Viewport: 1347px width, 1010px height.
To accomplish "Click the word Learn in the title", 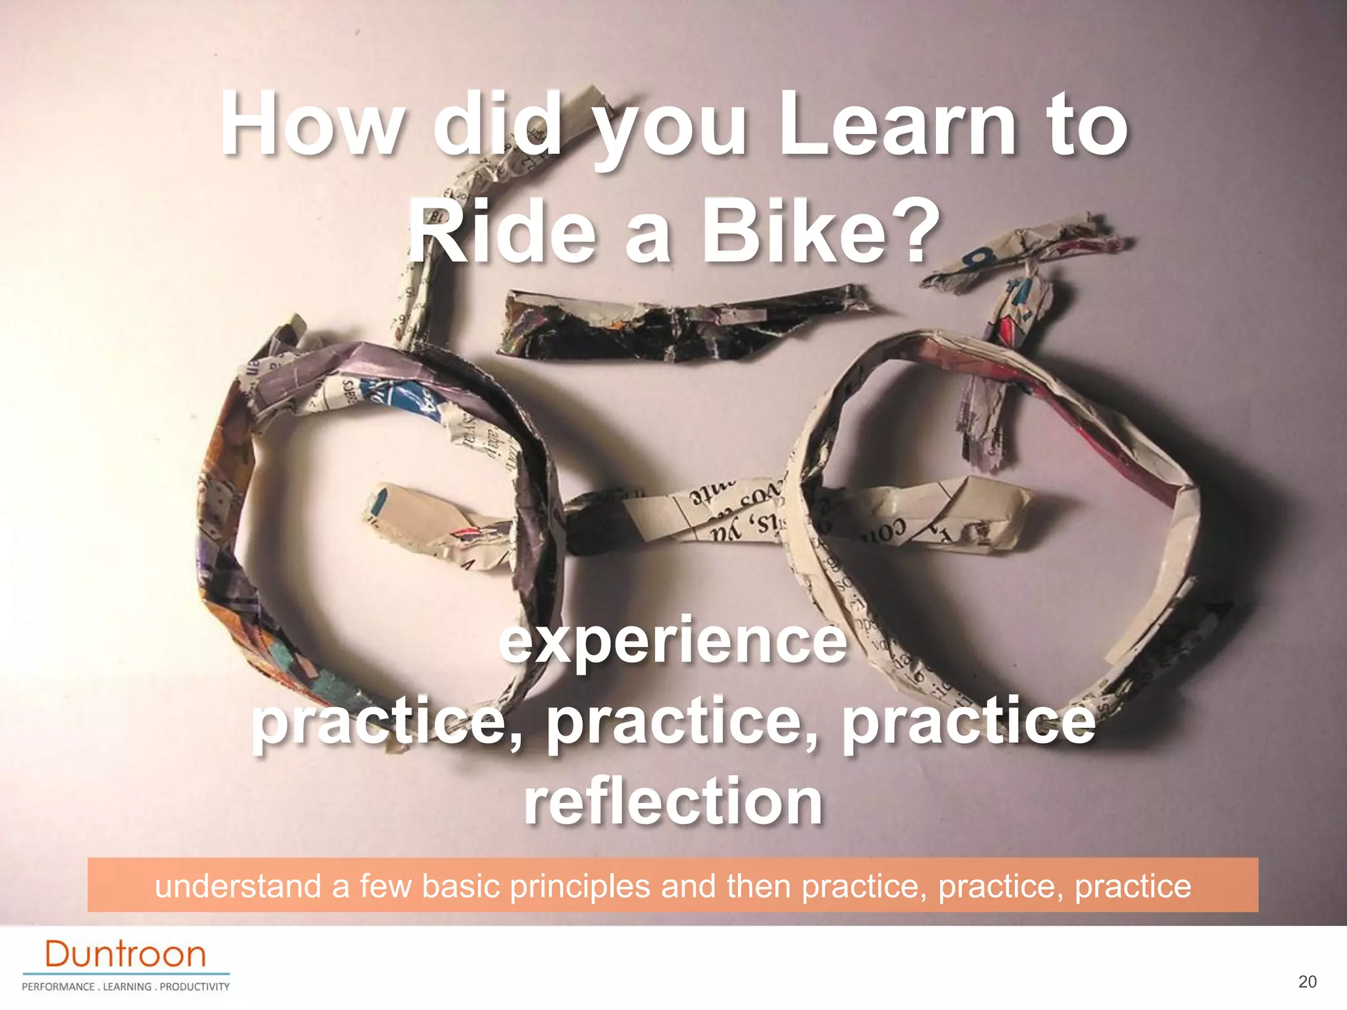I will [x=898, y=126].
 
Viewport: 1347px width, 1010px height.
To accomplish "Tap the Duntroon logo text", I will [x=126, y=954].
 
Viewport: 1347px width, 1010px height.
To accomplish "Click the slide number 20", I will [x=1308, y=982].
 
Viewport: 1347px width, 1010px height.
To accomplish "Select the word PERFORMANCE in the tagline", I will [x=58, y=986].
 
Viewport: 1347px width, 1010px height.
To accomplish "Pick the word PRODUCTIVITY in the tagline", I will [x=195, y=986].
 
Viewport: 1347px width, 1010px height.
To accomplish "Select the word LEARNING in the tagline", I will [x=128, y=986].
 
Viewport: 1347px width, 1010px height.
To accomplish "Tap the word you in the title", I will [x=671, y=132].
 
